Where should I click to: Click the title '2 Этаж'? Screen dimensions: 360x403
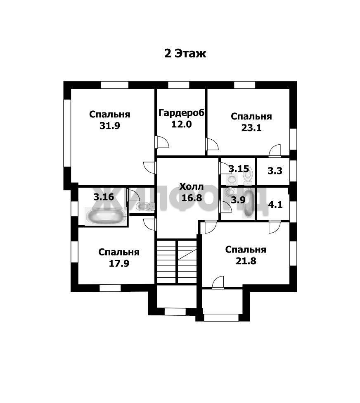pyautogui.click(x=185, y=54)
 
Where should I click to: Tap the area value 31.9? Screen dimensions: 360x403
pyautogui.click(x=110, y=126)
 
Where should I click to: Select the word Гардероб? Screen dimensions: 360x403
pyautogui.click(x=182, y=113)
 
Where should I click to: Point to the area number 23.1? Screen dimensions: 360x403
pyautogui.click(x=251, y=128)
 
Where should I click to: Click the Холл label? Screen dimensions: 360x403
pyautogui.click(x=192, y=186)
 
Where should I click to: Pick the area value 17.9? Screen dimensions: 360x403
pyautogui.click(x=119, y=263)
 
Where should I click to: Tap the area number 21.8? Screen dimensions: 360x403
pyautogui.click(x=246, y=261)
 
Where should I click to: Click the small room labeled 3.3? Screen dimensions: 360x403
pyautogui.click(x=273, y=171)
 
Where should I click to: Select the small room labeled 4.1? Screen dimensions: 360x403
pyautogui.click(x=273, y=203)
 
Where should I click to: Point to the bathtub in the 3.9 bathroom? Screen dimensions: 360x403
pyautogui.click(x=248, y=203)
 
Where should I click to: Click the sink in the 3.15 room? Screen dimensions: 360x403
pyautogui.click(x=232, y=179)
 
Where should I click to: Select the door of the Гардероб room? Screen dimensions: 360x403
pyautogui.click(x=162, y=142)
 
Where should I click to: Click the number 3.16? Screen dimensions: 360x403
pyautogui.click(x=104, y=197)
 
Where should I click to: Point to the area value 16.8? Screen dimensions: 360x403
pyautogui.click(x=192, y=198)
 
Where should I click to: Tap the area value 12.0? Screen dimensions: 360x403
pyautogui.click(x=182, y=124)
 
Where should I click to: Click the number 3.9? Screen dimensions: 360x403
pyautogui.click(x=238, y=200)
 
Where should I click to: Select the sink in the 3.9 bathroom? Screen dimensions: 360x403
pyautogui.click(x=230, y=191)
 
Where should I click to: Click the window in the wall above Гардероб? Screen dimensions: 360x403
pyautogui.click(x=179, y=85)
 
